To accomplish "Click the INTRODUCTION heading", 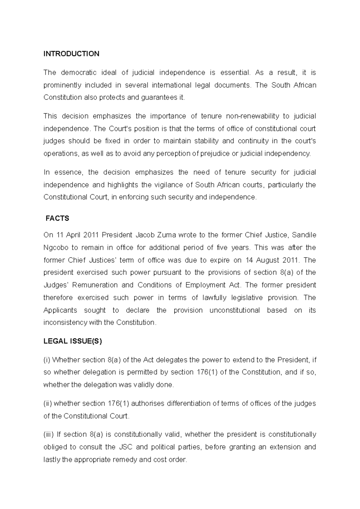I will [71, 54].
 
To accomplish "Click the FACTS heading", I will [57, 219].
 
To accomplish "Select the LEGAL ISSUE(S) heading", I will [73, 341].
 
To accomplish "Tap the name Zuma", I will [166, 235].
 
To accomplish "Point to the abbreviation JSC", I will [125, 447].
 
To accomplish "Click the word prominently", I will [62, 85].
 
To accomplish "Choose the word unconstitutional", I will [234, 310].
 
